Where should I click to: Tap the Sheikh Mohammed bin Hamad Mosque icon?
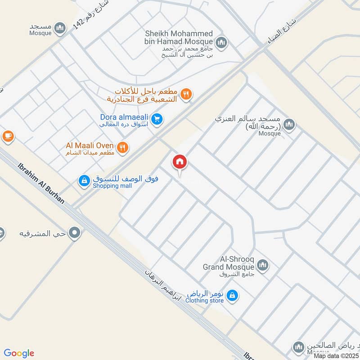[220, 43]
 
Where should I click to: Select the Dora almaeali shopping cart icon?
[157, 119]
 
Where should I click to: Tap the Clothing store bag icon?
[232, 295]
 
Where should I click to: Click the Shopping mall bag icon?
[84, 181]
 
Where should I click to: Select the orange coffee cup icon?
[8, 135]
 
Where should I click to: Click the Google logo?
[19, 353]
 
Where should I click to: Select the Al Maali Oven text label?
[90, 145]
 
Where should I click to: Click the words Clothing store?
[204, 300]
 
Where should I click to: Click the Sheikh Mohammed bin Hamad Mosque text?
[179, 39]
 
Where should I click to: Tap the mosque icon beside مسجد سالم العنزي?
[289, 125]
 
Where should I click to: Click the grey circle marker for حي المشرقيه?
[75, 233]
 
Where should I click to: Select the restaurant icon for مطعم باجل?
[186, 94]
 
